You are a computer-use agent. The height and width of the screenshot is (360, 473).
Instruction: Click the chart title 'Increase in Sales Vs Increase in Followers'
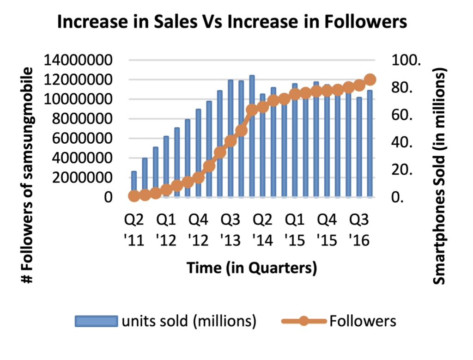pyautogui.click(x=232, y=22)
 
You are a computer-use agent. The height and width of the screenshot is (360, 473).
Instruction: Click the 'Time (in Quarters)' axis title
pyautogui.click(x=251, y=268)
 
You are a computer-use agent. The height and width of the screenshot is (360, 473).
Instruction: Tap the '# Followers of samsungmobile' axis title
pyautogui.click(x=29, y=176)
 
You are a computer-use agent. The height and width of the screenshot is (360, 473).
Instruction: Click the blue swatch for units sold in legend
pyautogui.click(x=96, y=322)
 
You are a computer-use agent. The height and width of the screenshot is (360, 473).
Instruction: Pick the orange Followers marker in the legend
pyautogui.click(x=303, y=321)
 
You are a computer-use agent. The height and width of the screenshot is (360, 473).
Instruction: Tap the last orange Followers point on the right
pyautogui.click(x=370, y=80)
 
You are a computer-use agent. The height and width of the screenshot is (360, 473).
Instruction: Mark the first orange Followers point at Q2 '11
pyautogui.click(x=134, y=196)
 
